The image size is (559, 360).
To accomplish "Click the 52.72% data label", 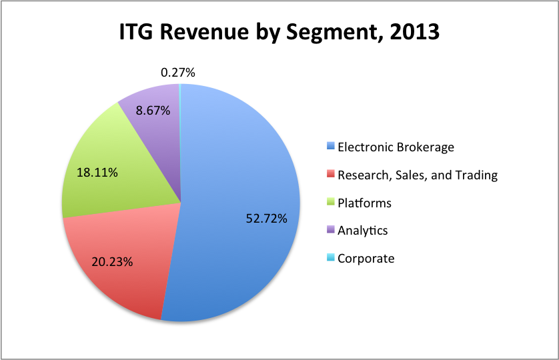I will [x=266, y=218].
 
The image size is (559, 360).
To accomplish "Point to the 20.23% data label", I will [x=112, y=262].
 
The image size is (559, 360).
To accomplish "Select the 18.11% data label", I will [x=97, y=173].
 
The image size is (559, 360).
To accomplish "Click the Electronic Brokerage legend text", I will [x=396, y=147].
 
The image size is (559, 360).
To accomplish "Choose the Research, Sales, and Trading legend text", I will [x=418, y=175].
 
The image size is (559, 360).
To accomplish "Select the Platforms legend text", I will [x=364, y=203].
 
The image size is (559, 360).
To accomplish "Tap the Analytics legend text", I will [x=362, y=231].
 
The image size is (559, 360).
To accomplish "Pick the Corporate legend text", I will [x=366, y=259].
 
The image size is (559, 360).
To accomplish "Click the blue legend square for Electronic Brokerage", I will [x=330, y=147].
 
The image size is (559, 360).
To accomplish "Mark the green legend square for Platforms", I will [x=330, y=203].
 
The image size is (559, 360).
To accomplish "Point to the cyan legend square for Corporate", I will [x=330, y=259].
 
